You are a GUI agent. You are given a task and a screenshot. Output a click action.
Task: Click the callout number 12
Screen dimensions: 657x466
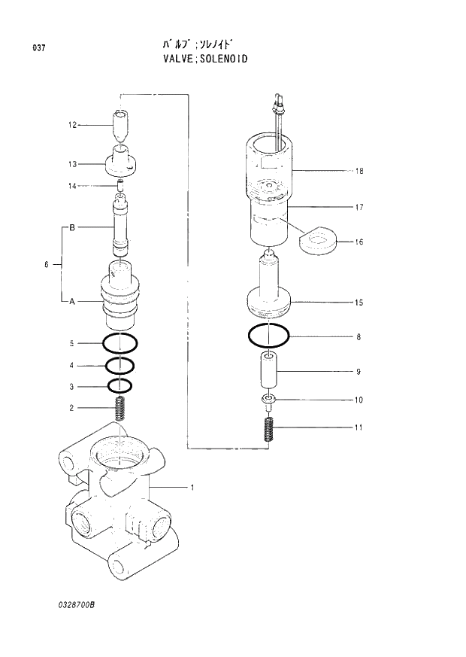click(x=73, y=125)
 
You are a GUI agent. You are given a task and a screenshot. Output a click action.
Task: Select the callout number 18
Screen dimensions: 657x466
click(x=359, y=171)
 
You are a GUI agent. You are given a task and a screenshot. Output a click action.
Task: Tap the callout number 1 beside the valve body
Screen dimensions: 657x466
click(x=192, y=488)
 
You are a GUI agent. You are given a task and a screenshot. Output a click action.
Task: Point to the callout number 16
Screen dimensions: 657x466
click(x=359, y=242)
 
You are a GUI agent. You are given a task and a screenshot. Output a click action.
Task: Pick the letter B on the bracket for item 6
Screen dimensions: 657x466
click(x=72, y=227)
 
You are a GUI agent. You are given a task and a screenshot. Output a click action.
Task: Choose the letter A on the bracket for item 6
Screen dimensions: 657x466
click(x=72, y=302)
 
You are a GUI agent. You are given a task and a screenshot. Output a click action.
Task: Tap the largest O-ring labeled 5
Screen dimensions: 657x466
click(x=120, y=343)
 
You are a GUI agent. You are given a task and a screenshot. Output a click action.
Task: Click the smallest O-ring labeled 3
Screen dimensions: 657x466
click(x=120, y=387)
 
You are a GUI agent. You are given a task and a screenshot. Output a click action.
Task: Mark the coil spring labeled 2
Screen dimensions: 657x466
click(x=120, y=409)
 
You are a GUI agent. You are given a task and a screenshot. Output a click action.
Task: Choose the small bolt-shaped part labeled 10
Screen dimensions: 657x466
click(x=268, y=400)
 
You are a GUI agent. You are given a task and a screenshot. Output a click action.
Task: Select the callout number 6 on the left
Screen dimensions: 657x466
click(x=47, y=264)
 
